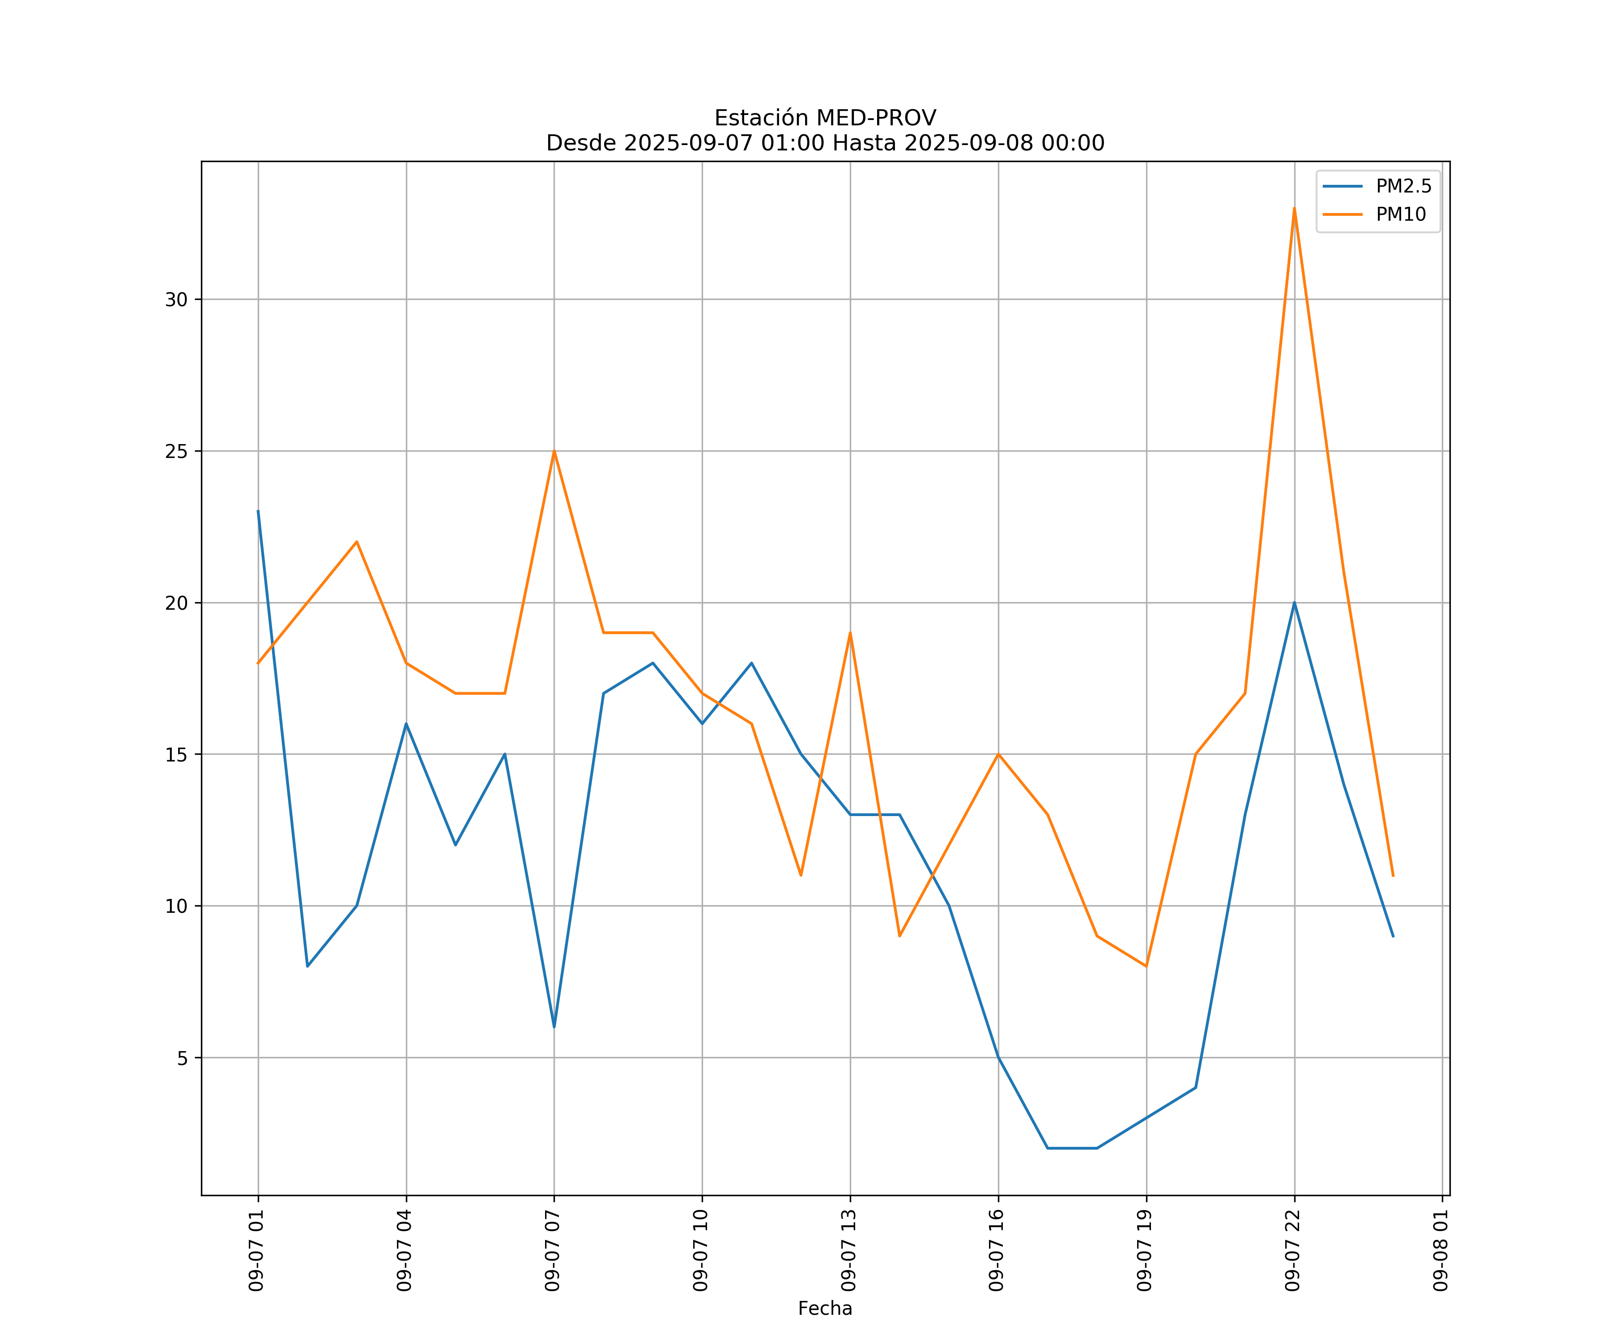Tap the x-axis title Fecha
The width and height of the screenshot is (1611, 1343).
pyautogui.click(x=825, y=1309)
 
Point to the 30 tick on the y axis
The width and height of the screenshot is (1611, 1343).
pyautogui.click(x=176, y=299)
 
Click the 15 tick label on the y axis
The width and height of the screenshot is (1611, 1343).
pyautogui.click(x=176, y=754)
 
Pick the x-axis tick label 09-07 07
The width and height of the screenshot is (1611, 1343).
pyautogui.click(x=553, y=1250)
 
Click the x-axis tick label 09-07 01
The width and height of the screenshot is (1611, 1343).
pyautogui.click(x=257, y=1250)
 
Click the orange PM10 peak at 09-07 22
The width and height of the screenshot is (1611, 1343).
pyautogui.click(x=1294, y=209)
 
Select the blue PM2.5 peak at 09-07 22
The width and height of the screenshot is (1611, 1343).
pyautogui.click(x=1294, y=603)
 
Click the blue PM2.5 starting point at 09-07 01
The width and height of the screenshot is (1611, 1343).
pyautogui.click(x=258, y=511)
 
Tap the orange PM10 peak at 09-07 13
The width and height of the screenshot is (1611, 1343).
pyautogui.click(x=850, y=633)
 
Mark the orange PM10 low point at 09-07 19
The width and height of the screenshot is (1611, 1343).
pyautogui.click(x=1146, y=966)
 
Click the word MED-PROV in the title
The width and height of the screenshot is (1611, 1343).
pyautogui.click(x=876, y=118)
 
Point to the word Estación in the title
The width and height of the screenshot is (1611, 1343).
pyautogui.click(x=762, y=118)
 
